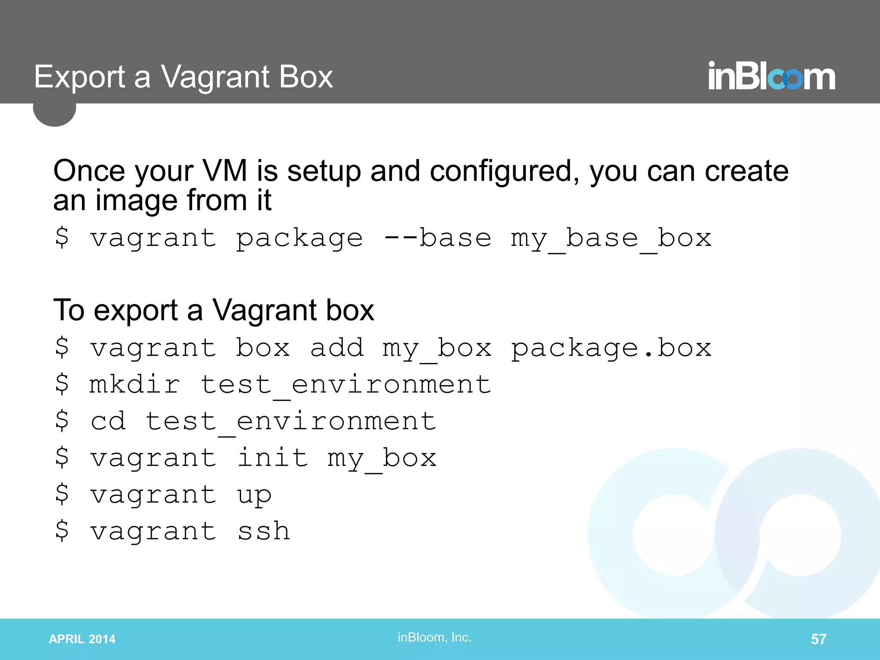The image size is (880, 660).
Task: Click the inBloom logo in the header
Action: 771,77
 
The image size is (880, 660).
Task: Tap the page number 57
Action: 818,639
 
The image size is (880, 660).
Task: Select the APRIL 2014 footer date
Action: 82,639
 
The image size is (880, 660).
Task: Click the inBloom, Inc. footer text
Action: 434,637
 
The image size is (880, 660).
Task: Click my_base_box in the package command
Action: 611,238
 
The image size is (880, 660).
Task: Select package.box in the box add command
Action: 611,348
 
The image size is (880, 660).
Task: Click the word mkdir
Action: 134,384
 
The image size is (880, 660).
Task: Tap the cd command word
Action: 108,421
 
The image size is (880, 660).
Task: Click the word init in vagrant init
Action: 272,457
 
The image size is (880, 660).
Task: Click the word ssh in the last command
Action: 263,531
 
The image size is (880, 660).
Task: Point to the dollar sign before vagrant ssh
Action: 62,531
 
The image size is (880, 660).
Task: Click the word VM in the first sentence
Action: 224,171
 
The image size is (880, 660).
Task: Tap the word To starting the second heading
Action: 69,310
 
